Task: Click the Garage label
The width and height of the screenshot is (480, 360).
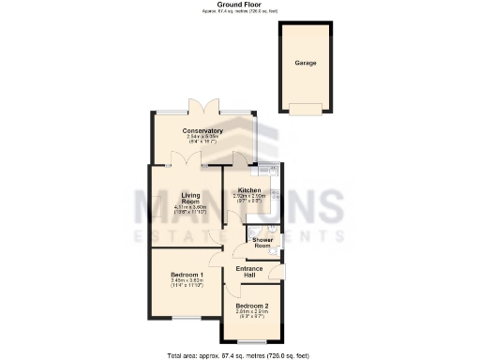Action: (306, 63)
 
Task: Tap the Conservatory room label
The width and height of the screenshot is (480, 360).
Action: (202, 130)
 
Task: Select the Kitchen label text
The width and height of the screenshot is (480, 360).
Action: (249, 190)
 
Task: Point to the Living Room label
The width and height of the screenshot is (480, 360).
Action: (190, 198)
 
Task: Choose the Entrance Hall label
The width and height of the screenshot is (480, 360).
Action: (249, 272)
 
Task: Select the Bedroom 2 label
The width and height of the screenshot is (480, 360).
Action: (252, 306)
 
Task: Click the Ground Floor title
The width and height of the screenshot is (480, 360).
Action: (239, 5)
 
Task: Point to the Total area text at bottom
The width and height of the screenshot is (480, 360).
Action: (239, 355)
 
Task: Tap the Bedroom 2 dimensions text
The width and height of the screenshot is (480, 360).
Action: (252, 314)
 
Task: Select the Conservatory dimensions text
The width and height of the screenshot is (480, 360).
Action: (202, 139)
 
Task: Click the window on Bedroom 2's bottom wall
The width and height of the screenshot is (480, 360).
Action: (251, 340)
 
